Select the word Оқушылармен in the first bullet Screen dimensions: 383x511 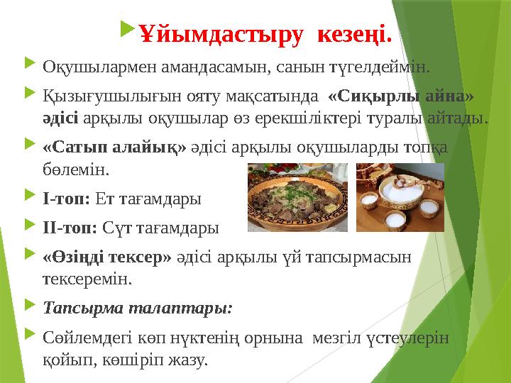tap(93, 68)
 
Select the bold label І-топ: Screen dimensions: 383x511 tap(66, 199)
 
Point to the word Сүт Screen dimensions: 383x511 tap(116, 228)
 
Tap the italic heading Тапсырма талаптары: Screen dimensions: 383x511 tap(137, 309)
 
